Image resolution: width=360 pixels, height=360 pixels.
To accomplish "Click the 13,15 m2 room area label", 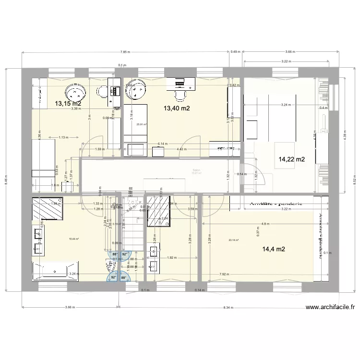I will (68, 103).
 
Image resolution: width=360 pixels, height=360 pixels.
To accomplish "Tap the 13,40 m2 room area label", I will (177, 108).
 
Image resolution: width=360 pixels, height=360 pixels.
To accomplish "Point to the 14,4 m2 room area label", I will (274, 249).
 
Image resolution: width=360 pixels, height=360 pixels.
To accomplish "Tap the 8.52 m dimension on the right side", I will (354, 181).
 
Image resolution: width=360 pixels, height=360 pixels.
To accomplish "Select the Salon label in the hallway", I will (196, 170).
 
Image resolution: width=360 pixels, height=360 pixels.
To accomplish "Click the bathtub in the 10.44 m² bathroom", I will (55, 272).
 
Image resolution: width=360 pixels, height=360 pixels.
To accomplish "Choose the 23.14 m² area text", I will (234, 240).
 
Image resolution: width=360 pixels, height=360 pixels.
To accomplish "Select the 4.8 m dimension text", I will (265, 224).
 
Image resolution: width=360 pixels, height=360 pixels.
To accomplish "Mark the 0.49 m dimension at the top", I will (236, 52).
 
